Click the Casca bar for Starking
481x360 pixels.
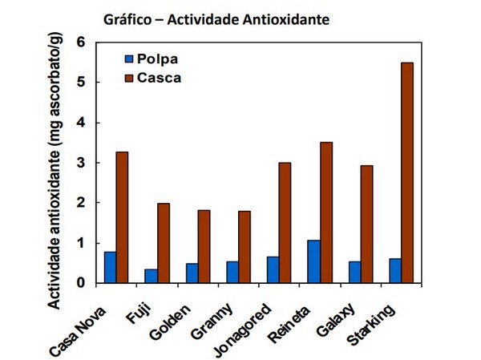tap(407, 172)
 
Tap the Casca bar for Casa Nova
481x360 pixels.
tap(123, 217)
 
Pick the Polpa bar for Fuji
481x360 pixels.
tap(151, 276)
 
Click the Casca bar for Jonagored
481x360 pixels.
tap(285, 223)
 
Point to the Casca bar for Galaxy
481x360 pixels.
tap(366, 224)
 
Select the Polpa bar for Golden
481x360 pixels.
tap(192, 273)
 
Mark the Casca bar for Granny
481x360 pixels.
tap(245, 247)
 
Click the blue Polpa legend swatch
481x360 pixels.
tap(128, 59)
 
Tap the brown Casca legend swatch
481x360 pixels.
tap(128, 78)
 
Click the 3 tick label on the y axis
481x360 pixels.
tap(80, 163)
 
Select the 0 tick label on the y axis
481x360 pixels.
tap(80, 283)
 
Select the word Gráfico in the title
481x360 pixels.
tap(125, 17)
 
